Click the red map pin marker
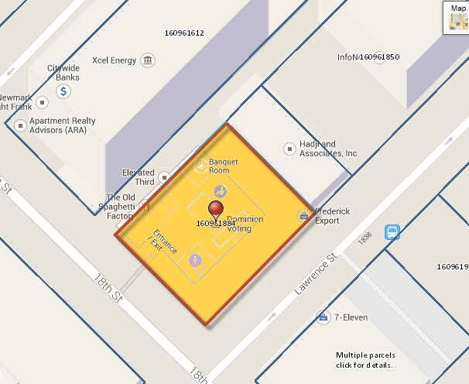click(x=217, y=209)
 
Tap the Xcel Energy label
click(x=114, y=60)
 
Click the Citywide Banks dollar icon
click(x=64, y=91)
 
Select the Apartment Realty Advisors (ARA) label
click(x=62, y=125)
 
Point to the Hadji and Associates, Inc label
click(x=328, y=149)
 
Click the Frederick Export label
click(x=333, y=215)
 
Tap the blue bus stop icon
click(x=392, y=232)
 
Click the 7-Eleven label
click(x=351, y=317)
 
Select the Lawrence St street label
click(x=317, y=275)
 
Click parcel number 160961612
click(x=184, y=33)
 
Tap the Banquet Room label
click(x=220, y=166)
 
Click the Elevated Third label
click(x=139, y=177)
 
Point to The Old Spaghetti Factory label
click(x=121, y=206)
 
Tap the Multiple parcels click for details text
click(x=365, y=360)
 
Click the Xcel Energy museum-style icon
click(x=147, y=60)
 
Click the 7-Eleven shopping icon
click(x=323, y=317)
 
